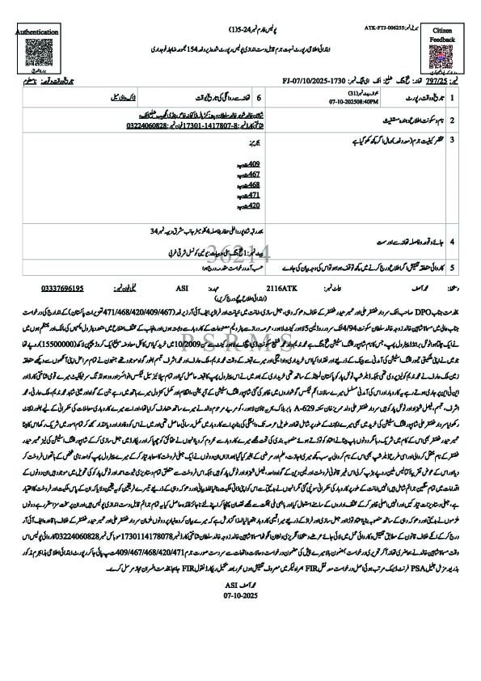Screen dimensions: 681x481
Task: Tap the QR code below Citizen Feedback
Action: pyautogui.click(x=442, y=59)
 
